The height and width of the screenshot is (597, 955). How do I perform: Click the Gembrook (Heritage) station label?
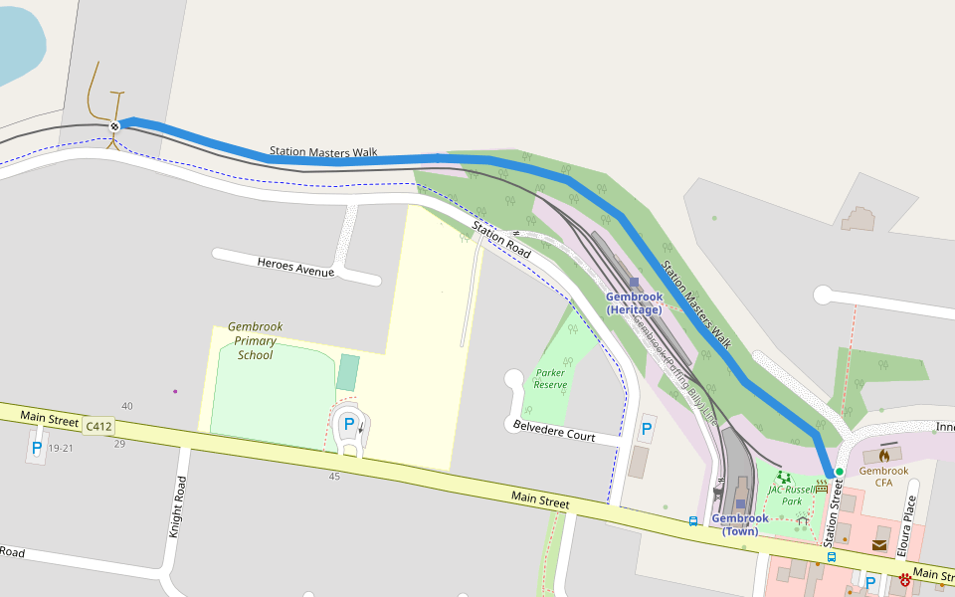(x=634, y=303)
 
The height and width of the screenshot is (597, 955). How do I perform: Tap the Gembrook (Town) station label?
(x=740, y=524)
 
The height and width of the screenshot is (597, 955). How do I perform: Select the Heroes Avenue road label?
(x=295, y=267)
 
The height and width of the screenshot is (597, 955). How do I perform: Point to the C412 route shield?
(x=98, y=426)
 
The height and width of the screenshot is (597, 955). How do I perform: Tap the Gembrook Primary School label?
(x=256, y=340)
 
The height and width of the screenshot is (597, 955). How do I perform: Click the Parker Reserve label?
(x=550, y=379)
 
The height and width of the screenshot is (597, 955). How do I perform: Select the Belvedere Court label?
(x=554, y=431)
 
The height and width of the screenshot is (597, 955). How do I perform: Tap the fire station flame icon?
(x=883, y=455)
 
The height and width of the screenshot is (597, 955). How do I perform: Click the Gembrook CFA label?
(x=883, y=477)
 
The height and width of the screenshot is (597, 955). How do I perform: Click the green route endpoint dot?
(x=840, y=472)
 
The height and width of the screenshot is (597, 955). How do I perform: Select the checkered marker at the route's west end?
(x=115, y=125)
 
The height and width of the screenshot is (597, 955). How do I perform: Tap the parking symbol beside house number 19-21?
(x=37, y=448)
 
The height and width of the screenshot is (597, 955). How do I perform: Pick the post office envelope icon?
(x=879, y=544)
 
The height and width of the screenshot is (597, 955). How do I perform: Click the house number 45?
(x=334, y=477)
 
